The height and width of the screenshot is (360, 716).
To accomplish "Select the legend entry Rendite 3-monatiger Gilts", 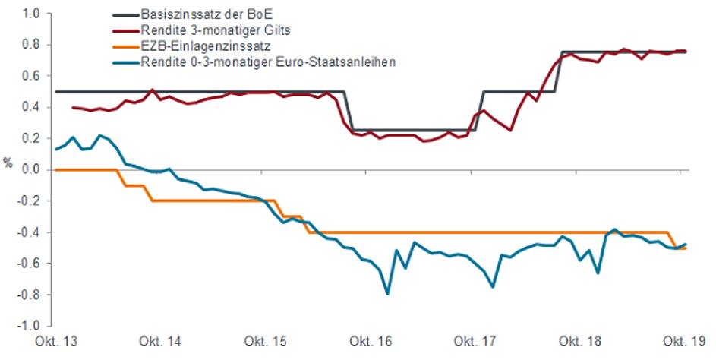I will pyautogui.click(x=202, y=30).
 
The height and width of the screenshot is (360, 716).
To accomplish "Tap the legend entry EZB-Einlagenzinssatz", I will pyautogui.click(x=194, y=46).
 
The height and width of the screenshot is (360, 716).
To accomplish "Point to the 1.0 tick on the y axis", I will pyautogui.click(x=30, y=14).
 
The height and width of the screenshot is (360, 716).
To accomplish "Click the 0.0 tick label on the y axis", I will pyautogui.click(x=30, y=169).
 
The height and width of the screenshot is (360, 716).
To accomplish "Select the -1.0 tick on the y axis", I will pyautogui.click(x=29, y=325).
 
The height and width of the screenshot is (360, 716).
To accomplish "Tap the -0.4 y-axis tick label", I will pyautogui.click(x=29, y=232).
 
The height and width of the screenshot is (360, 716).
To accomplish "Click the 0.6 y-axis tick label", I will pyautogui.click(x=30, y=76).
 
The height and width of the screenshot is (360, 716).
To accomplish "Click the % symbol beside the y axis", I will pyautogui.click(x=8, y=163).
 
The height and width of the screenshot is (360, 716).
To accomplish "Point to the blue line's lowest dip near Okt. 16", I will pyautogui.click(x=388, y=293).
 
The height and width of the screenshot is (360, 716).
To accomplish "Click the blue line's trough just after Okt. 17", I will pyautogui.click(x=493, y=286).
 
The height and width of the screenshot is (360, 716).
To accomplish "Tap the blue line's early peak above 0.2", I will pyautogui.click(x=99, y=135).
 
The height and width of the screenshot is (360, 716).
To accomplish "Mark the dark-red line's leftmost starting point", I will pyautogui.click(x=71, y=107).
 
